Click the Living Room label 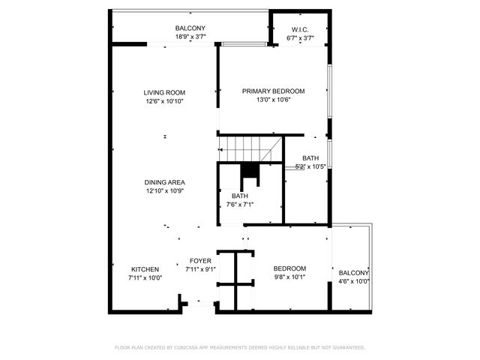pos(164,93)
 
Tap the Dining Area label pos(164,182)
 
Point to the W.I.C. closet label pos(300,29)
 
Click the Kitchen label pos(145,269)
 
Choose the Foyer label pos(200,261)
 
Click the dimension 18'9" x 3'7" pos(190,37)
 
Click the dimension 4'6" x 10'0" pos(353,281)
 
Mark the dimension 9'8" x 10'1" pos(289,277)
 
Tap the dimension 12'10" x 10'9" pos(164,191)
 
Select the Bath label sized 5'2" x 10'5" pos(310,158)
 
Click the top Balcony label pos(190,28)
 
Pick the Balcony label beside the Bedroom pos(353,273)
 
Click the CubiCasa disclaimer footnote pos(239,347)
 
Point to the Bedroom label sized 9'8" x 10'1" pos(289,268)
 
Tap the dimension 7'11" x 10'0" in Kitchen pos(145,277)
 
